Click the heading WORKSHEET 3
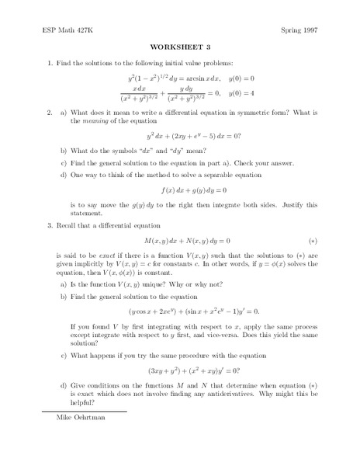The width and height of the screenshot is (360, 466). pos(179,46)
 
